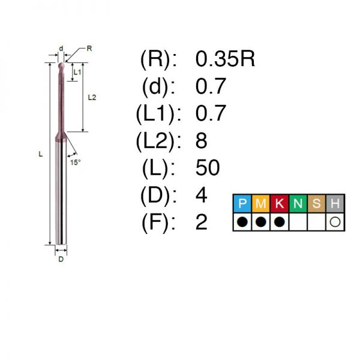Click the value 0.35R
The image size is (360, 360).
(x=225, y=59)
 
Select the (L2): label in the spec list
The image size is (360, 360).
(x=158, y=140)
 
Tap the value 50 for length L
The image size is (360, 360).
(x=208, y=167)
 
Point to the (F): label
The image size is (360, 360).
(x=158, y=222)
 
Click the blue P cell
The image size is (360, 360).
(x=242, y=203)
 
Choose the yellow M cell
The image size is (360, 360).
(x=261, y=203)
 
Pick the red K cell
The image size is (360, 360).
(x=280, y=203)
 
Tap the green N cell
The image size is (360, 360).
(x=298, y=203)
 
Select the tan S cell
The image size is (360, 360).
(x=316, y=203)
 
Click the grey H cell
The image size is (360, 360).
(x=335, y=203)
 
